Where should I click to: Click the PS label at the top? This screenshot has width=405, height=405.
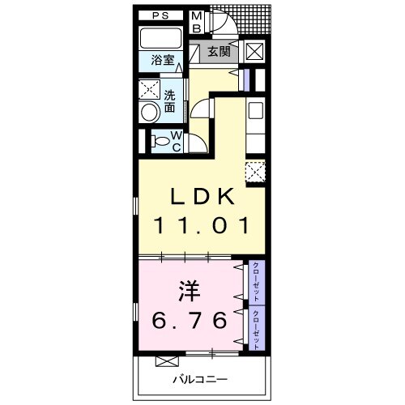(x=160, y=15)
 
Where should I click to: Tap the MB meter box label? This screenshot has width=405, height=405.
(x=197, y=22)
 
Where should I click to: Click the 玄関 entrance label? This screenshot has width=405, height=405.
(x=219, y=51)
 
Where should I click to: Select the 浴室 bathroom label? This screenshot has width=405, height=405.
(x=163, y=60)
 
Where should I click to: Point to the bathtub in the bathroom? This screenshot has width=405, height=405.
(x=160, y=38)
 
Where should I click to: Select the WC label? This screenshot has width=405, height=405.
(x=176, y=141)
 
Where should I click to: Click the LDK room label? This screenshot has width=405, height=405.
(x=202, y=197)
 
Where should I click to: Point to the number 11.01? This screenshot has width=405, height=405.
(x=202, y=226)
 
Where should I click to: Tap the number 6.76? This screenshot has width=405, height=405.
(x=190, y=320)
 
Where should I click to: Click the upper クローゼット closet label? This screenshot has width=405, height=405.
(x=256, y=281)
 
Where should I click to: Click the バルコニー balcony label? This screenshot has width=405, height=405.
(x=200, y=380)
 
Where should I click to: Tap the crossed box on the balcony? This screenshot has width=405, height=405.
(x=167, y=361)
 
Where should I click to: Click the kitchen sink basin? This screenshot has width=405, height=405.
(x=255, y=111)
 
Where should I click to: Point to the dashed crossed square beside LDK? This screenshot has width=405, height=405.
(x=255, y=171)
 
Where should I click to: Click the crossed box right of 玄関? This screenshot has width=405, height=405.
(x=254, y=51)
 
